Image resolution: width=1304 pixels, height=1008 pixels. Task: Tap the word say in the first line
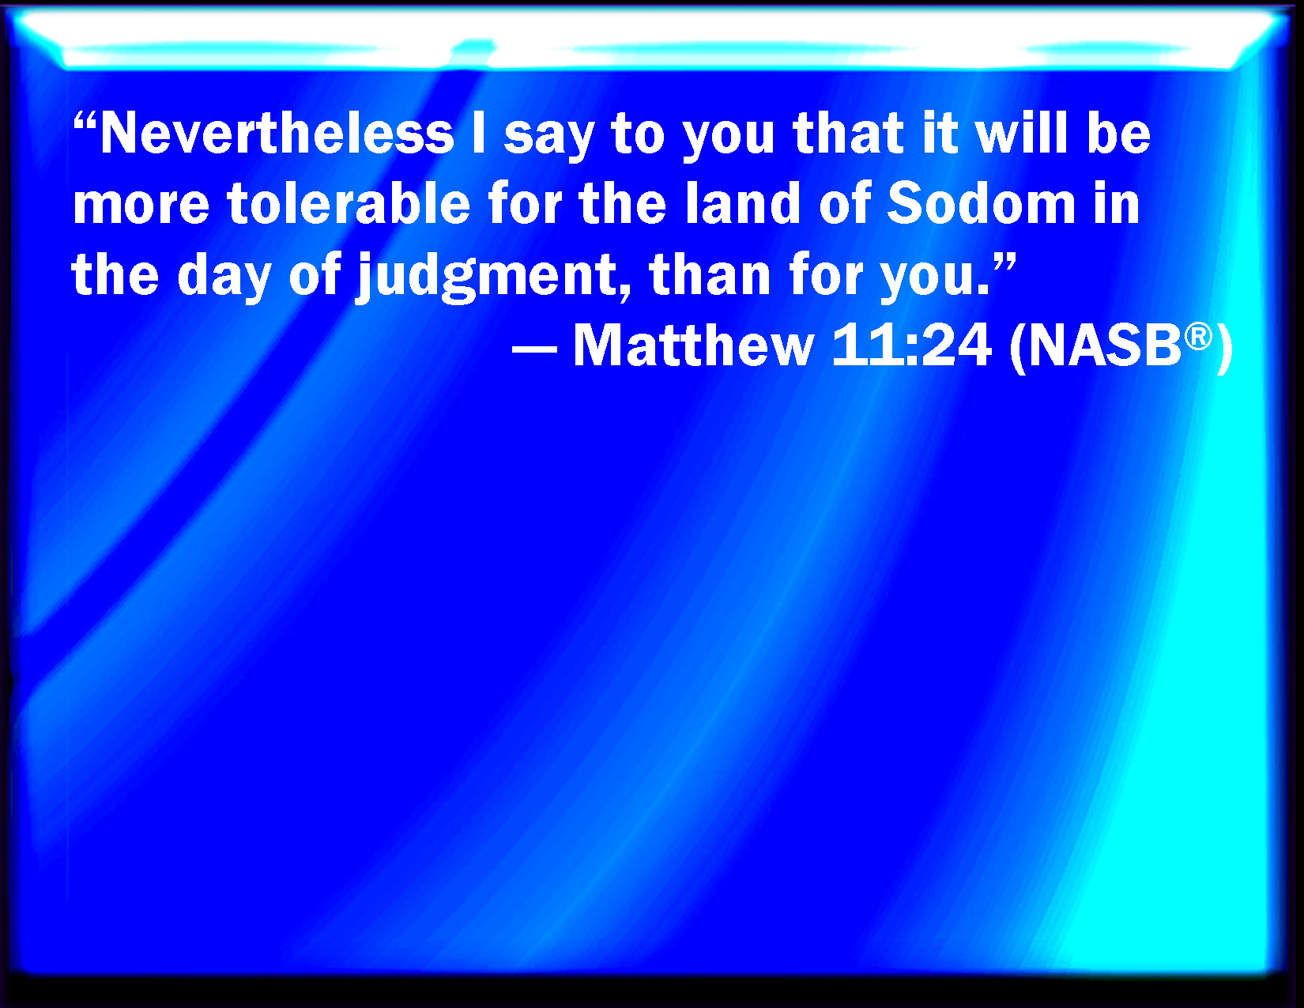548,139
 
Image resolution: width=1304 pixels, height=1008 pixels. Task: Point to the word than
710,274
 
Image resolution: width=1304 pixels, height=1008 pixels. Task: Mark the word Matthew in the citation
693,345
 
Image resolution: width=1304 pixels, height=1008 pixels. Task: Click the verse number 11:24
911,345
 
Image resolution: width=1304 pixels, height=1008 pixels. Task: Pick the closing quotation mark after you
1004,262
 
